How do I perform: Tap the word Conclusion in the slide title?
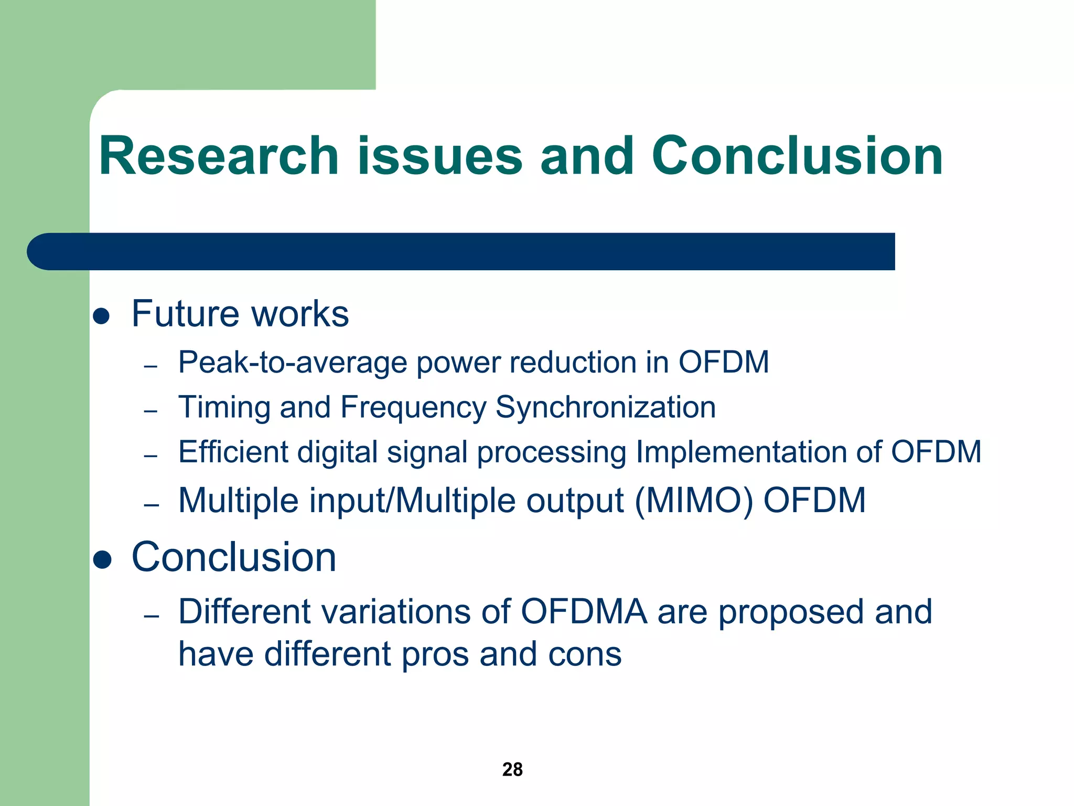(797, 156)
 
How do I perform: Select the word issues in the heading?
(439, 156)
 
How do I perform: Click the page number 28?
(512, 769)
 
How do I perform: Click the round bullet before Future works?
(101, 316)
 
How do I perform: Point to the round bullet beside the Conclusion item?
(102, 559)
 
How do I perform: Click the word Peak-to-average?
(293, 362)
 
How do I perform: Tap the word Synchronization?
(605, 407)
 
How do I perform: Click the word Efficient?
(233, 452)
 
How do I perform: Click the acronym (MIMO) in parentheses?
(694, 500)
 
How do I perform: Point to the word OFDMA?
(584, 612)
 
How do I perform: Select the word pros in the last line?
(435, 654)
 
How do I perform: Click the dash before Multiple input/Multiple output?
(151, 505)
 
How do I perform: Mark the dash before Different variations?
(151, 616)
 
